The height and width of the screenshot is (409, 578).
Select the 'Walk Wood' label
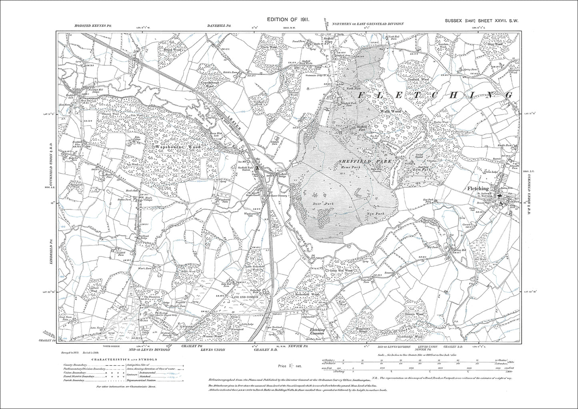point(390,111)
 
